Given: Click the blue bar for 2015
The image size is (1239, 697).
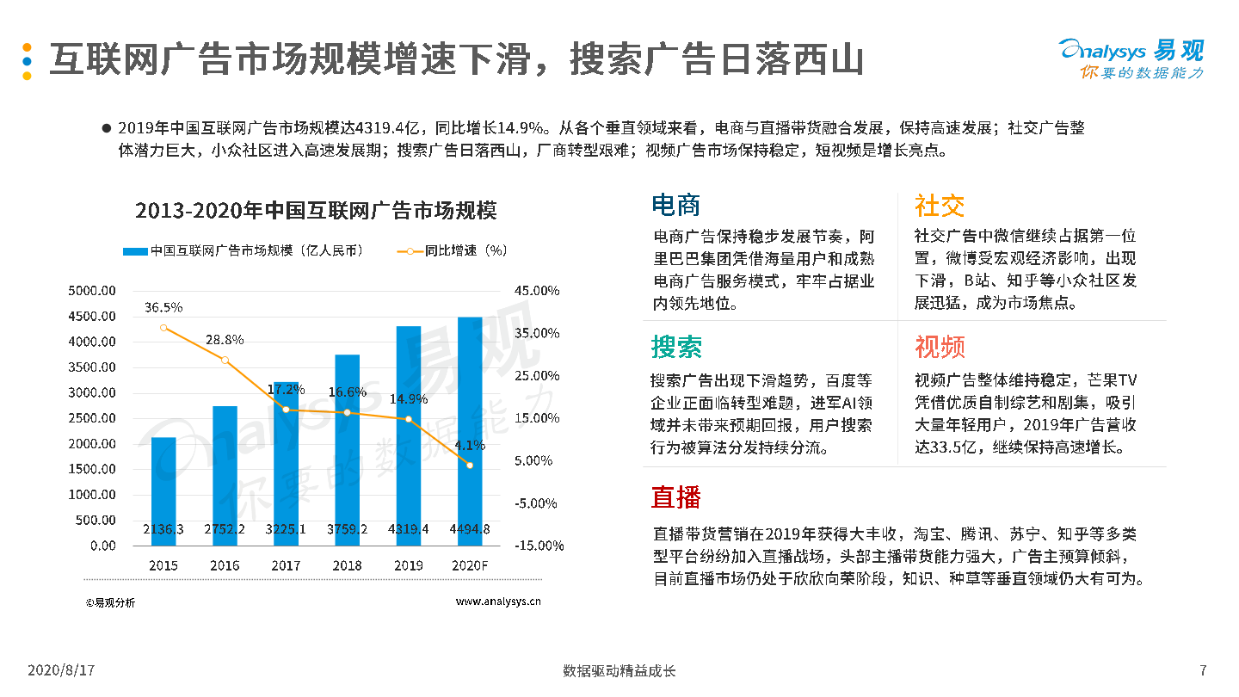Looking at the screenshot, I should [163, 490].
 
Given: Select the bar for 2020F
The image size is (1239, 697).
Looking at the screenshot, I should [470, 430].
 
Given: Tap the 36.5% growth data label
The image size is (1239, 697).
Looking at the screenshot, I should [163, 307].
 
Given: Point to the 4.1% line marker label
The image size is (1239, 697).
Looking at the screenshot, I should [470, 446].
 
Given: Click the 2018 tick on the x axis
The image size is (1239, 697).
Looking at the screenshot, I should [348, 565].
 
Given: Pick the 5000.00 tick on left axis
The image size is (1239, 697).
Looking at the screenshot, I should [92, 291].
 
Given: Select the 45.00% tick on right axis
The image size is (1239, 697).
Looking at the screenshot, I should [538, 291].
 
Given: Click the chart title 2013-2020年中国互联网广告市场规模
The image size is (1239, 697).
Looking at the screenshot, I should [316, 211].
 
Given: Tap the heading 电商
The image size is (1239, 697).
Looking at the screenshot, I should [676, 205].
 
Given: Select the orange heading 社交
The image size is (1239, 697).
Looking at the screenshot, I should [940, 205].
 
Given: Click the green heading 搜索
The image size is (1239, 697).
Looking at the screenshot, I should [676, 347].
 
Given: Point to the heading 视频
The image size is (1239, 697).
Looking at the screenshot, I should [940, 347].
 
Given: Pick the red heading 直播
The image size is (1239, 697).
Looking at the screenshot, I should [676, 497].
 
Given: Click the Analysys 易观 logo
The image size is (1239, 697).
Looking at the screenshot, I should [1131, 59].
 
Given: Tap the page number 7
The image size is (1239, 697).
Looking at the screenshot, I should [1203, 670].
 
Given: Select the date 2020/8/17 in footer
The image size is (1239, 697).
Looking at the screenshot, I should [61, 670].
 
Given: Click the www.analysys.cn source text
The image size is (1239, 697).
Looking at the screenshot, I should [498, 602].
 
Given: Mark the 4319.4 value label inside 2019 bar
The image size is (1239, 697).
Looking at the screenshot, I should [409, 529].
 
